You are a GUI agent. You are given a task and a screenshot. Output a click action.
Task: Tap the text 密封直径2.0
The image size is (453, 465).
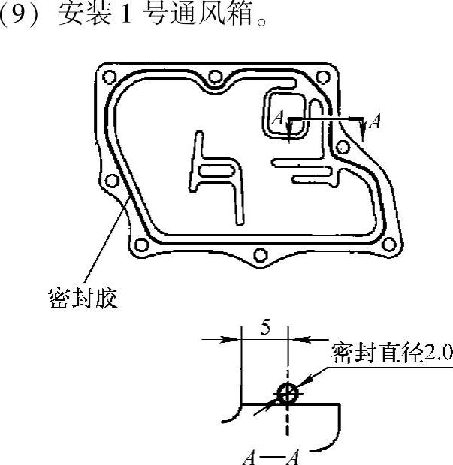pos(391,353)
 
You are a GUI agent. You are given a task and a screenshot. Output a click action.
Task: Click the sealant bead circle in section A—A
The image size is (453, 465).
pos(287,392)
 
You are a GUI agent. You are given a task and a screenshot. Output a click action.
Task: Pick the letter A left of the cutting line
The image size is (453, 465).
pos(278,118)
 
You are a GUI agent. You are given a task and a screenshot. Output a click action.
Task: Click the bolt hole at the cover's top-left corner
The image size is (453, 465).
pos(111,76)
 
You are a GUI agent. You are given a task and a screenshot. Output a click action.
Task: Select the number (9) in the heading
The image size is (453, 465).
pos(17,15)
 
